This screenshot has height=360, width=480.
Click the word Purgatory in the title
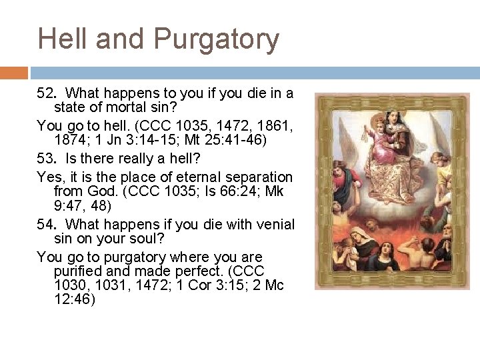[218, 39]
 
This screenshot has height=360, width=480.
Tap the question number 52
[45, 92]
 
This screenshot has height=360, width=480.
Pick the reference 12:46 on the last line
[74, 299]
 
